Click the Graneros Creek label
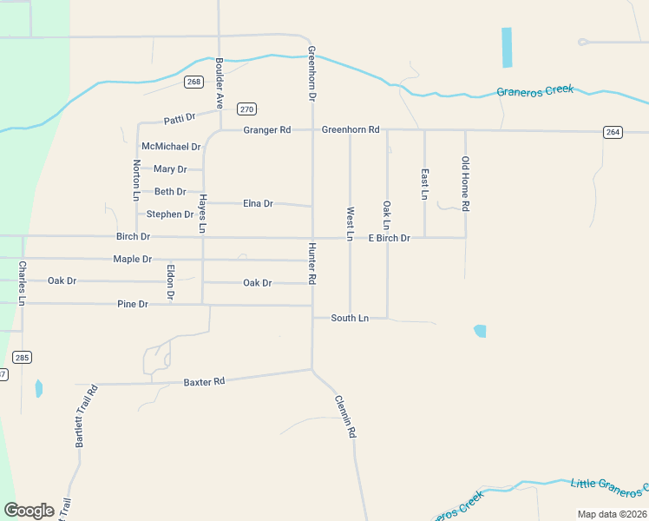tap(534, 90)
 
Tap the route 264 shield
tap(613, 131)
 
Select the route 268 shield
tap(193, 82)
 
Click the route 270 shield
tap(247, 109)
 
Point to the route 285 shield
tap(22, 356)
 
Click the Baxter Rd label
tap(204, 381)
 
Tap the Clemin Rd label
tap(345, 417)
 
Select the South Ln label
tap(350, 319)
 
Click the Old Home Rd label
tap(465, 184)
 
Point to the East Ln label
tap(424, 184)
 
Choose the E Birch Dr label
tap(389, 238)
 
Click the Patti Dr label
tap(180, 117)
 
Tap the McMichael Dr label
tap(171, 147)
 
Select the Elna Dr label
tap(258, 204)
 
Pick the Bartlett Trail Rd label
tap(85, 416)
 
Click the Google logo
tap(29, 511)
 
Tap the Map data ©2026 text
tap(612, 514)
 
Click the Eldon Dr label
tap(171, 282)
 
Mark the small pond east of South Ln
tap(480, 331)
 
